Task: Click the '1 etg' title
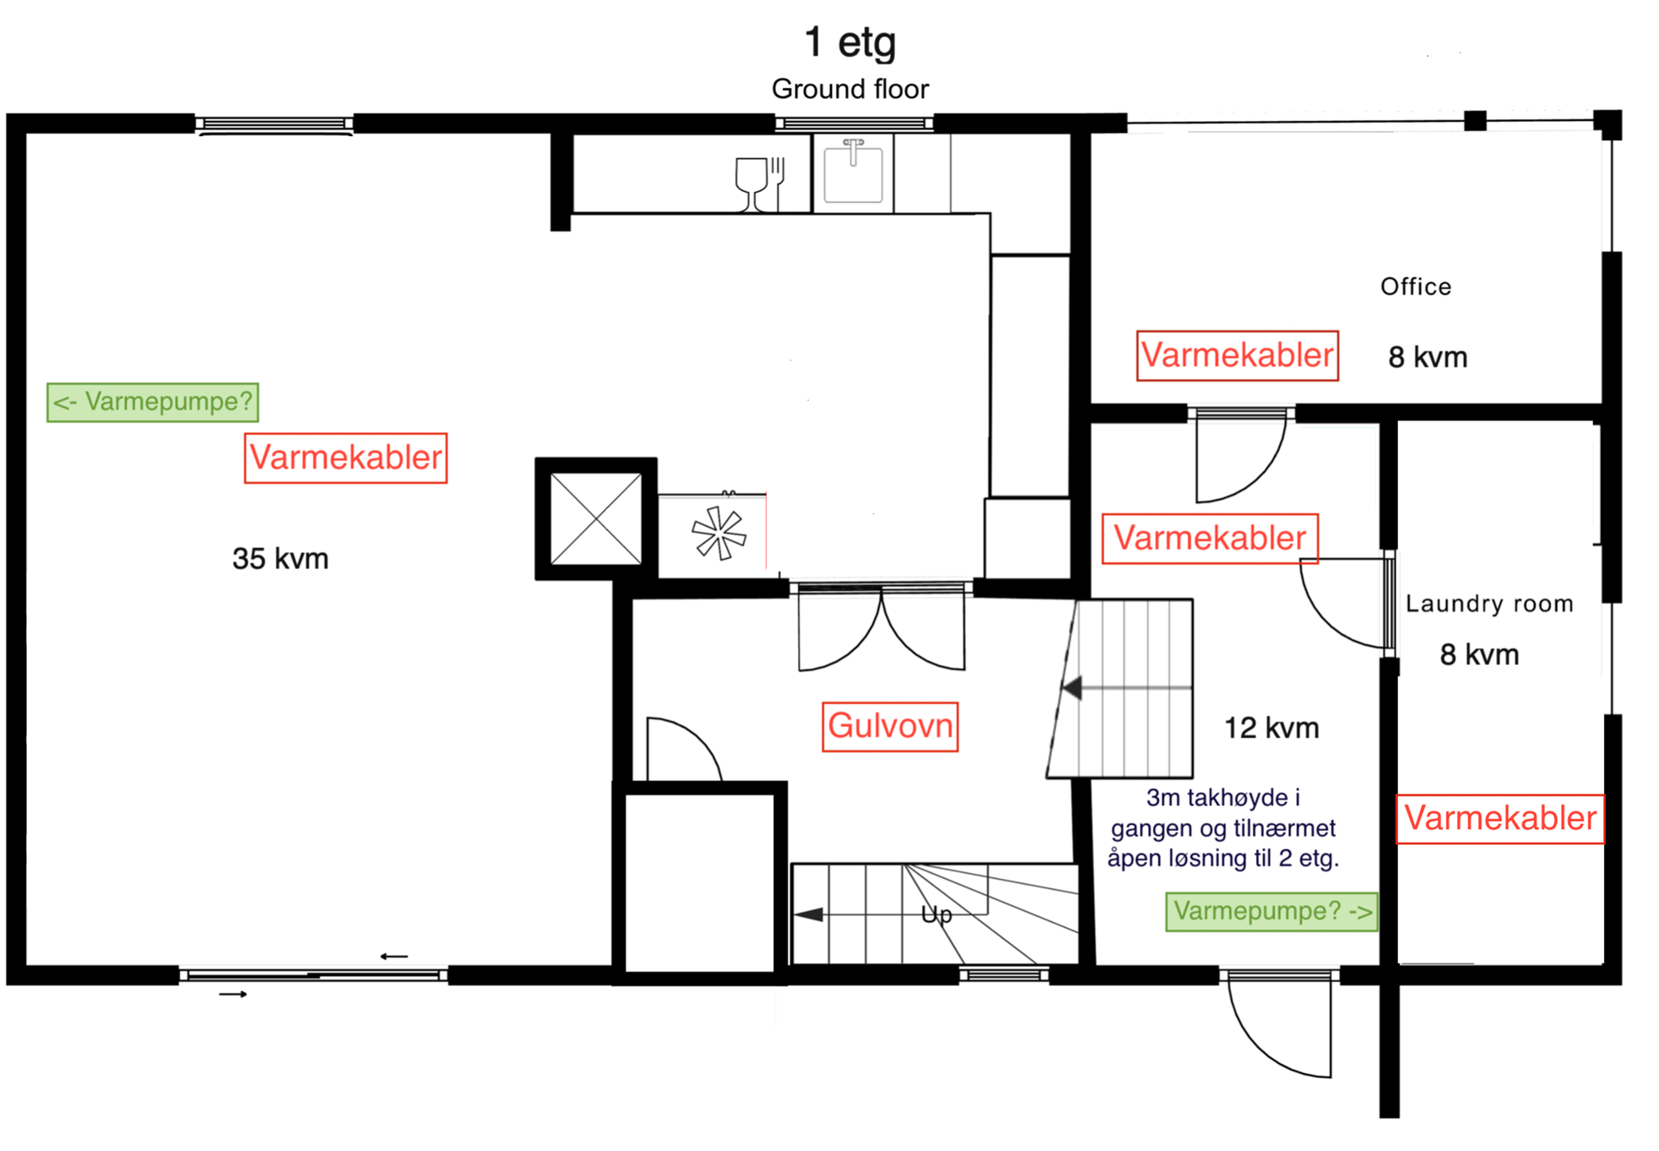click(850, 42)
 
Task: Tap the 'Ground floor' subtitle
click(850, 89)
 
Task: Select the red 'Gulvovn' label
click(890, 726)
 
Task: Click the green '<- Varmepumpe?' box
click(153, 402)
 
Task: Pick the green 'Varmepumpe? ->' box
click(1272, 911)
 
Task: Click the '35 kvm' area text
click(280, 559)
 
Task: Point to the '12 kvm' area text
click(1272, 728)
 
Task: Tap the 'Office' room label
click(1416, 287)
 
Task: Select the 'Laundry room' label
click(1490, 604)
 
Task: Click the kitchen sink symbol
click(853, 172)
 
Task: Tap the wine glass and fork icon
click(760, 184)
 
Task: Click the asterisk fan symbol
click(719, 533)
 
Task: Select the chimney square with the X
click(596, 519)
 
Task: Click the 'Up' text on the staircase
click(937, 915)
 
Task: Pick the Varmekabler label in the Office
click(1238, 356)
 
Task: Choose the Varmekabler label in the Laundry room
click(1501, 819)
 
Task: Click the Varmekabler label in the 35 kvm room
click(346, 458)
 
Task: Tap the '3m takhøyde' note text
click(1224, 828)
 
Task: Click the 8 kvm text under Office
click(1428, 357)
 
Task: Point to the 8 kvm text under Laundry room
click(1480, 655)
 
